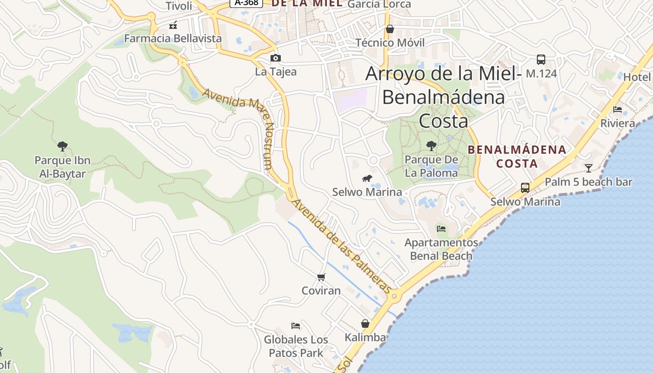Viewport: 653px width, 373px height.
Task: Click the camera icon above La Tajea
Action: (x=276, y=58)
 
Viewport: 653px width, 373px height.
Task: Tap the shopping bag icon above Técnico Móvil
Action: (x=390, y=29)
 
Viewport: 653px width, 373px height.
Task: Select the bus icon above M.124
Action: (x=541, y=60)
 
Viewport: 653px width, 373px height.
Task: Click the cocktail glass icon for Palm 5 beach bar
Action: (x=589, y=168)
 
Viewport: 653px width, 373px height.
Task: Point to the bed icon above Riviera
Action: (x=618, y=110)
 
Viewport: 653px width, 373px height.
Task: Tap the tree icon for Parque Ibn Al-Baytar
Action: (x=63, y=146)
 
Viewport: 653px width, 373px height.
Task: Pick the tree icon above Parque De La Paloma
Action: (x=431, y=145)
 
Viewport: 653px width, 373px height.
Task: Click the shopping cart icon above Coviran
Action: (x=321, y=277)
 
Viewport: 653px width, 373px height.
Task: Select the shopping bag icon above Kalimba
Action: (x=365, y=324)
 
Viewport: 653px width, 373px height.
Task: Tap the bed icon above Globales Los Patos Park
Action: (x=296, y=325)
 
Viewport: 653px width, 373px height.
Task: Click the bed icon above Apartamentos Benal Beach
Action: (x=441, y=228)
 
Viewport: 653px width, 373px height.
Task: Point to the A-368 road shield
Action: (x=246, y=3)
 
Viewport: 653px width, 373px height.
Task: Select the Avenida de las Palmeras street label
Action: (x=343, y=246)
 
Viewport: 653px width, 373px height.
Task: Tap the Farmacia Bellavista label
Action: (x=173, y=38)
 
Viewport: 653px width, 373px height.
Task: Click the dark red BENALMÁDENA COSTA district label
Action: (x=517, y=157)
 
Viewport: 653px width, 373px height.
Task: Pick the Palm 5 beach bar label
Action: (x=589, y=182)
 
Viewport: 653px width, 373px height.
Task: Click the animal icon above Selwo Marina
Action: (x=367, y=178)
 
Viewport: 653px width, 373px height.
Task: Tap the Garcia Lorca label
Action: (x=379, y=5)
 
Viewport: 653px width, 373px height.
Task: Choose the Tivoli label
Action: (x=179, y=6)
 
